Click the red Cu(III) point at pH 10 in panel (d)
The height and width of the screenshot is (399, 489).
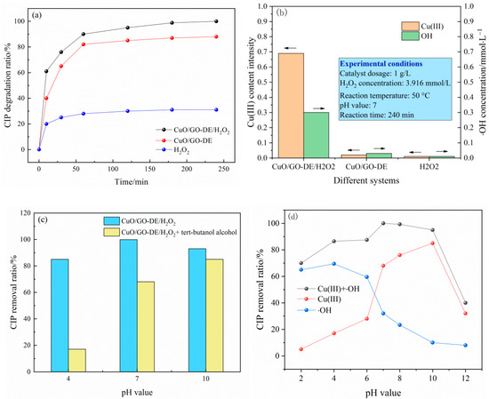pos(432,243)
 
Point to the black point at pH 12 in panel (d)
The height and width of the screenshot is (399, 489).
pos(465,303)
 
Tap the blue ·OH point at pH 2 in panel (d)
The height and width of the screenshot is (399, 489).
pos(301,269)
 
